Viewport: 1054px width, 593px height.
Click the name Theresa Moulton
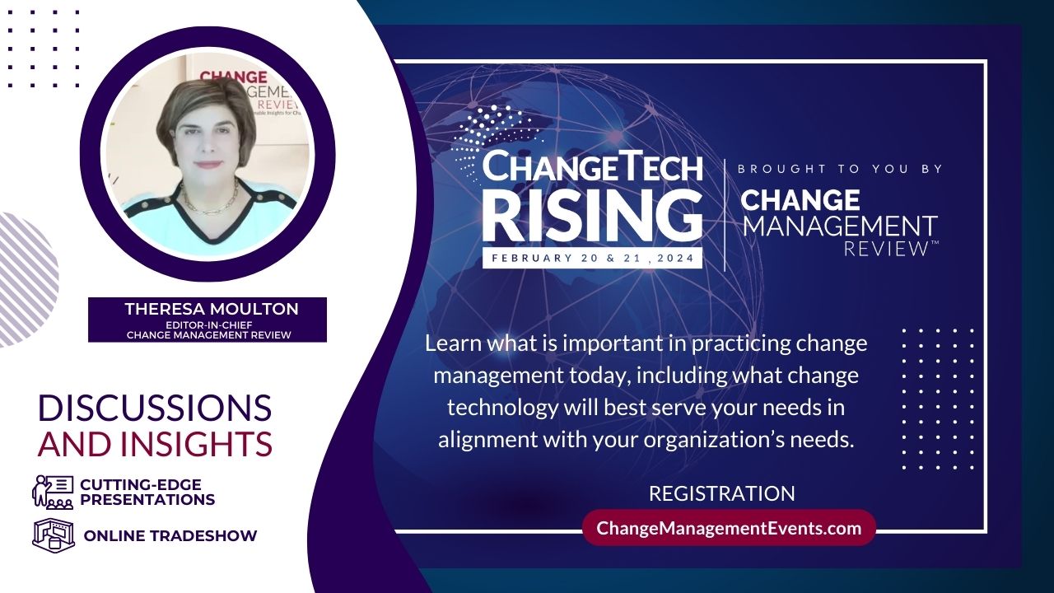(x=212, y=309)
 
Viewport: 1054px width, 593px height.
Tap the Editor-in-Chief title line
(x=209, y=325)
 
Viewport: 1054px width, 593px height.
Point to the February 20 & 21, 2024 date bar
(x=592, y=258)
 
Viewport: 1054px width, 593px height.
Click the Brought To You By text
(x=840, y=169)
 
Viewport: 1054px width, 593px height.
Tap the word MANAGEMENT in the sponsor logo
(x=840, y=226)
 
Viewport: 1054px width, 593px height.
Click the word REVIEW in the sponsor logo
(x=885, y=249)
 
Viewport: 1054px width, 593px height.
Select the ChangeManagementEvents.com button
(x=729, y=528)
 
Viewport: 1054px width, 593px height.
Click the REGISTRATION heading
(x=722, y=493)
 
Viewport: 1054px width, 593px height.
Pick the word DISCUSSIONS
(x=155, y=408)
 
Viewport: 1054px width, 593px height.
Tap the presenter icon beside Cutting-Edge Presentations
(x=53, y=492)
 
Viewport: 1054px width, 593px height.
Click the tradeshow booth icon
(x=54, y=535)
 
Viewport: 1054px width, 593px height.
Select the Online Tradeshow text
(x=170, y=535)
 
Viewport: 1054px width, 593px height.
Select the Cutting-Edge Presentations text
(x=147, y=492)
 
